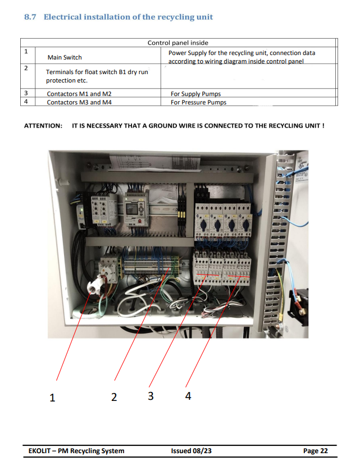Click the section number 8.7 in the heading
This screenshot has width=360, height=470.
click(x=31, y=17)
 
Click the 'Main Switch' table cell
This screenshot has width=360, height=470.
click(x=65, y=57)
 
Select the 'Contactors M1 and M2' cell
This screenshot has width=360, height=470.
click(x=79, y=94)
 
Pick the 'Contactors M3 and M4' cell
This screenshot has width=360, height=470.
click(x=79, y=102)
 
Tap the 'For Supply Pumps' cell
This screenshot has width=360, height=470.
click(x=195, y=94)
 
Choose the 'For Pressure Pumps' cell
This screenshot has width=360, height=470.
click(x=198, y=102)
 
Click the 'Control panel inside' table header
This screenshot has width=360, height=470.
click(x=177, y=43)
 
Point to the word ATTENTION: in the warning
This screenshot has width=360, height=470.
click(x=43, y=126)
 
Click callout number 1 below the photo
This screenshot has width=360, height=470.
click(x=52, y=398)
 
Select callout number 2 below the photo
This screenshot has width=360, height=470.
click(x=114, y=397)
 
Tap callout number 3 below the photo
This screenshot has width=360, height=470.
click(x=151, y=396)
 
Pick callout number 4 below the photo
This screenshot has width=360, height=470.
click(x=188, y=396)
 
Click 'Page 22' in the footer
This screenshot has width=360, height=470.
click(x=315, y=451)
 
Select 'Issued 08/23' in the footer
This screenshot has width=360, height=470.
click(x=192, y=451)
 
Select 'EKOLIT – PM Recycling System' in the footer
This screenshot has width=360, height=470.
click(x=76, y=451)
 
